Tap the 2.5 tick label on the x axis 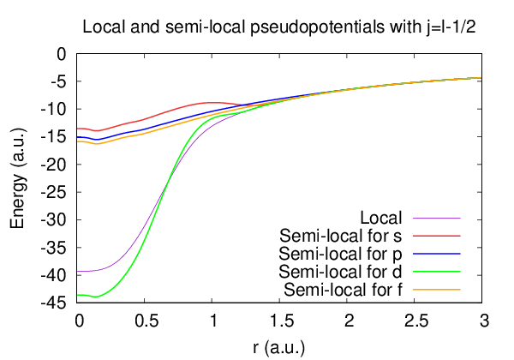(415, 321)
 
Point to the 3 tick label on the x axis (483, 321)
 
